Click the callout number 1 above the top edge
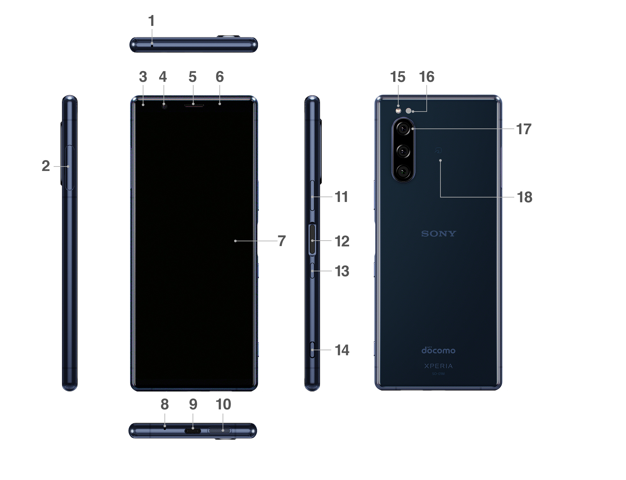pos(151,21)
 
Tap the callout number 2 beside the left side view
pos(46,166)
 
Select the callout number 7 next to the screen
pos(281,241)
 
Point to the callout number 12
pos(342,241)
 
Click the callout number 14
pos(342,350)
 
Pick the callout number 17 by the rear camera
pos(524,129)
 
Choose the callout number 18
pos(524,197)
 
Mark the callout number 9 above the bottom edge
pos(193,404)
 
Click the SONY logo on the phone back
pos(439,234)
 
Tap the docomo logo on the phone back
pos(439,351)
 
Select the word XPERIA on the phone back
pos(439,366)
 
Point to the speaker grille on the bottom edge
pos(219,431)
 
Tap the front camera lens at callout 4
pos(164,106)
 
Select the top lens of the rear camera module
pos(403,129)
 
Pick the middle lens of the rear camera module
pos(403,151)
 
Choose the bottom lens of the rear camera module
pos(403,172)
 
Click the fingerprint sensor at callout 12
pos(312,240)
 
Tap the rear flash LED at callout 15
pos(398,111)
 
